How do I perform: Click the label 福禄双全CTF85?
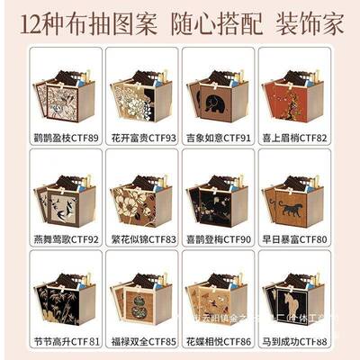141,342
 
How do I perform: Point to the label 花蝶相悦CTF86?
219,342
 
